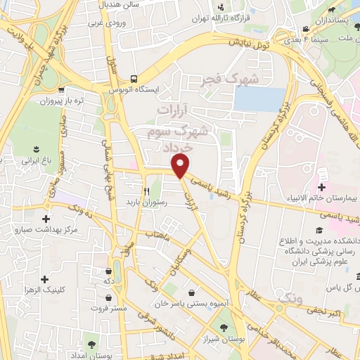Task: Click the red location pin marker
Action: click(x=181, y=167)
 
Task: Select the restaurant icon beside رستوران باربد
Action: click(x=147, y=191)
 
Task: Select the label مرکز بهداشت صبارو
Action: click(x=46, y=230)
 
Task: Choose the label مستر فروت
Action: click(x=104, y=307)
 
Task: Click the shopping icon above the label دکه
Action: click(x=109, y=270)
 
